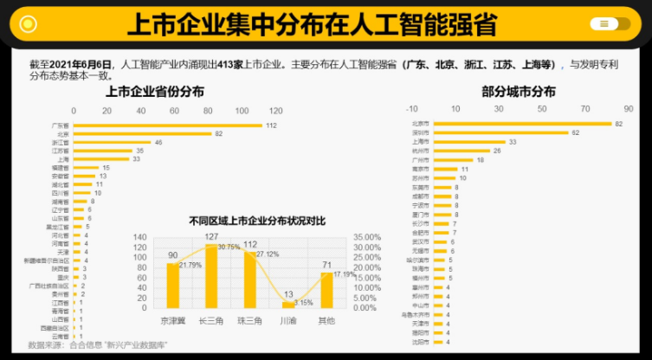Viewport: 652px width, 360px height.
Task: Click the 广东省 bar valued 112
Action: pos(168,125)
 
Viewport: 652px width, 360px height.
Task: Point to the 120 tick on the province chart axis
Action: pos(275,111)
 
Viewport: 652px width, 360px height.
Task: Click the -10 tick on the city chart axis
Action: pos(411,109)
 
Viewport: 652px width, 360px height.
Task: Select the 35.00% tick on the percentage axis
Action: pos(367,236)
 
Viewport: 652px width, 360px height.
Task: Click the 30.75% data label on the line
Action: pos(229,247)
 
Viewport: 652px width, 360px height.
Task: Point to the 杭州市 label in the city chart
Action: pos(419,151)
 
